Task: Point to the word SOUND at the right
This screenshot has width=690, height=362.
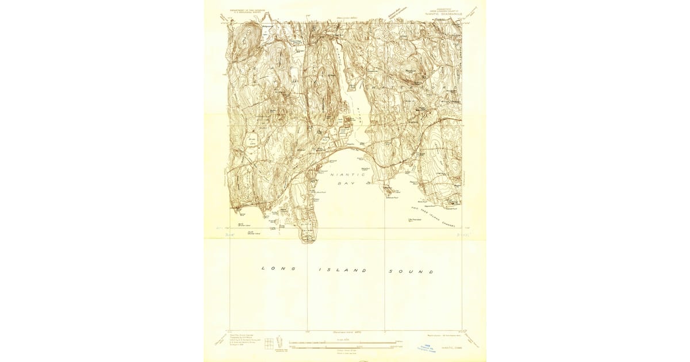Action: [411, 271]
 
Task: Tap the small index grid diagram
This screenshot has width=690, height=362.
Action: [269, 343]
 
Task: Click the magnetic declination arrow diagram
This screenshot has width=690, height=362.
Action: [280, 343]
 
